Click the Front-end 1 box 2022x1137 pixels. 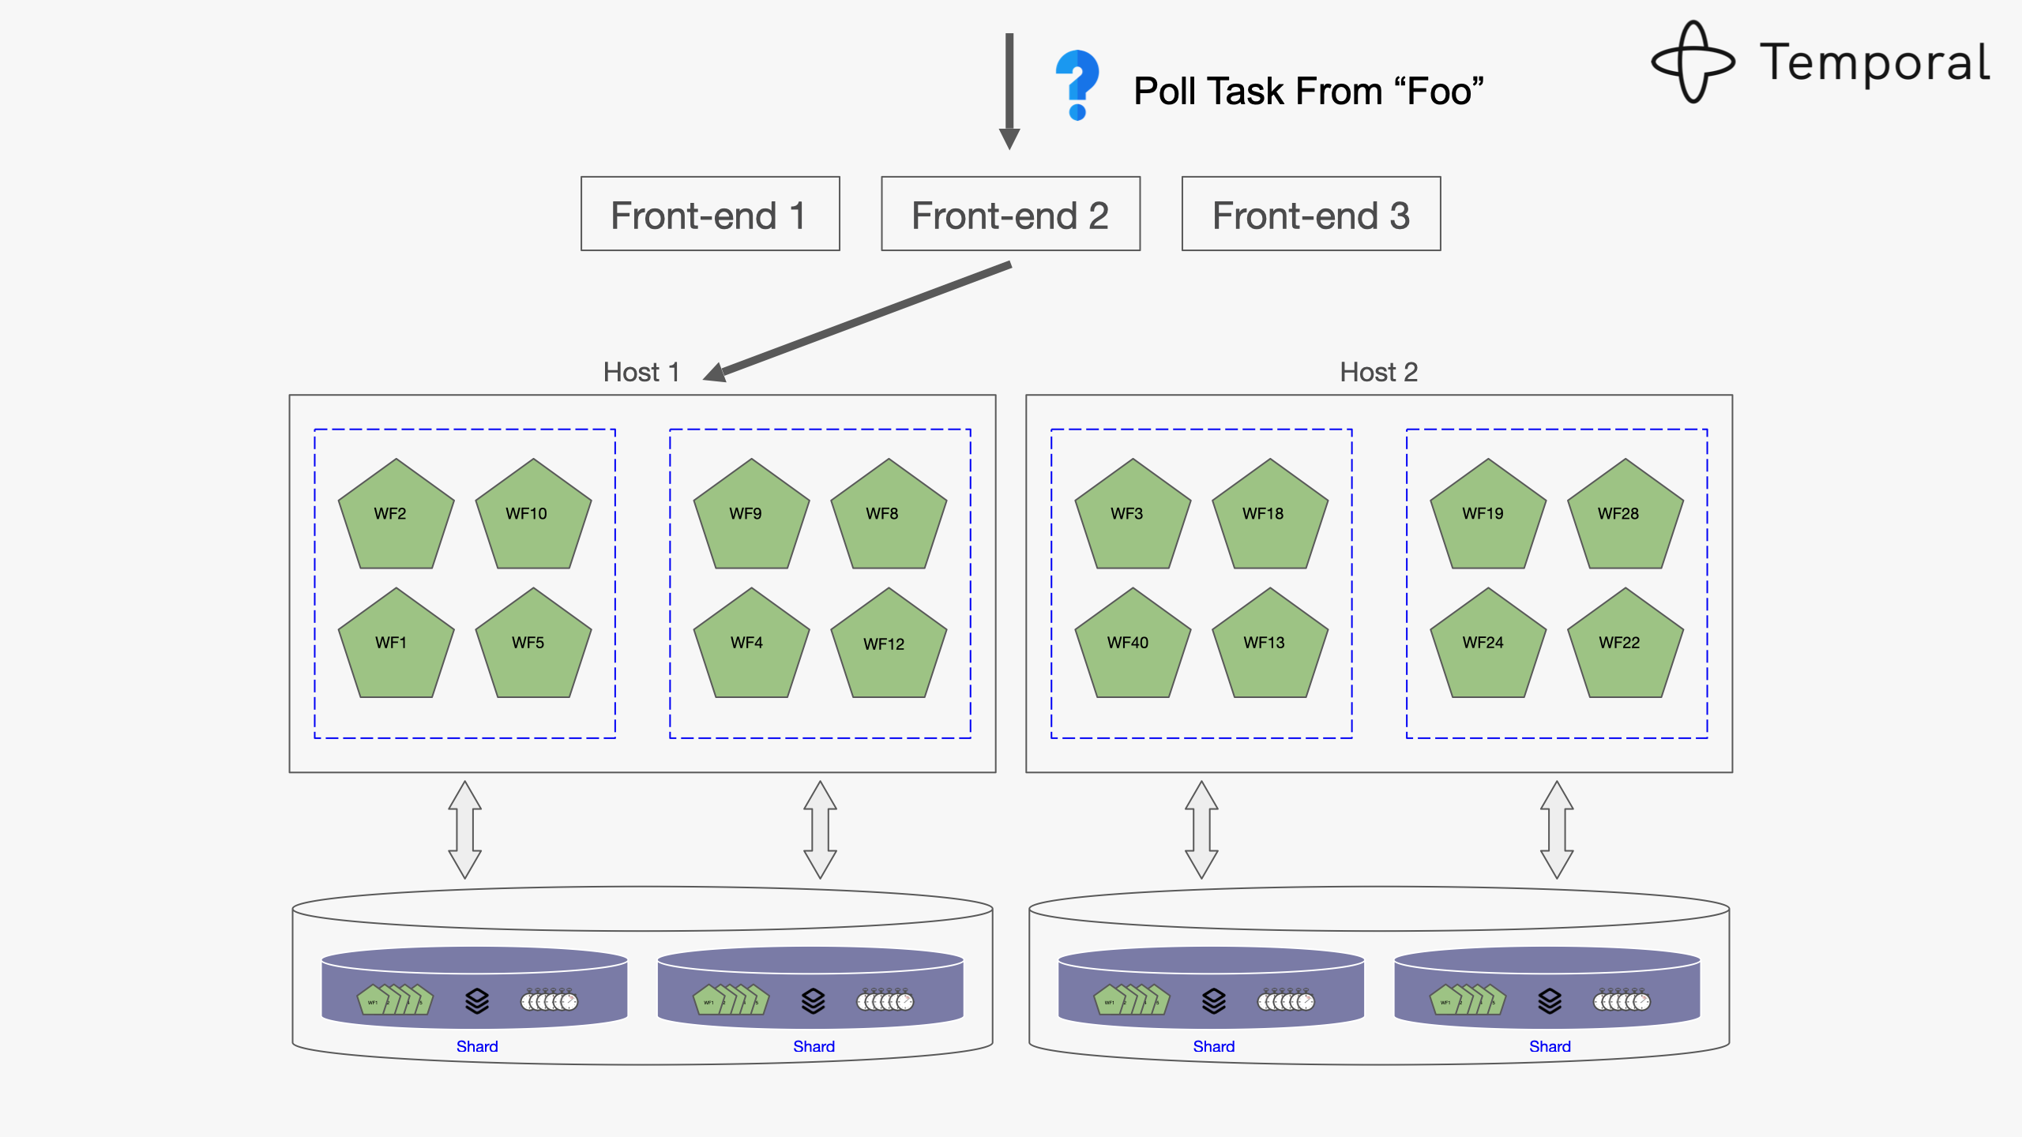coord(709,214)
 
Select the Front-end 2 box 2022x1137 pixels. coord(1010,214)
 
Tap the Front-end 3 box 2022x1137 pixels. coord(1310,214)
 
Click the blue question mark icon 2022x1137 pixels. coord(1077,84)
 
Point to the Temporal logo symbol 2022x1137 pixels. coord(1692,62)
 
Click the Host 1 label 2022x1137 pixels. coord(641,372)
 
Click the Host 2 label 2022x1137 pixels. coord(1378,372)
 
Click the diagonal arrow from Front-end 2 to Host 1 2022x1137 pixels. coord(861,321)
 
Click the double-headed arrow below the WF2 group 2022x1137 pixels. coord(464,830)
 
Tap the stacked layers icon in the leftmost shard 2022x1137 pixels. coord(476,1001)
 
